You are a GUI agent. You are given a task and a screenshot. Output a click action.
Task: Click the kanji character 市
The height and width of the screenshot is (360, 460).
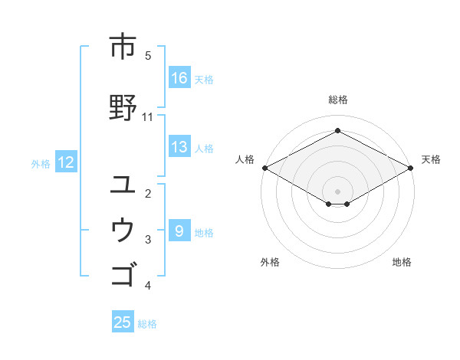coord(122,47)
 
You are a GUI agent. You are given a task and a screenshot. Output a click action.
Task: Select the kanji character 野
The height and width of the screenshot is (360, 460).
coord(122,107)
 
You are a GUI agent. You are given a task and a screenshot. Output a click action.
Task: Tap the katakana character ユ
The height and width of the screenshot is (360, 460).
coord(122,184)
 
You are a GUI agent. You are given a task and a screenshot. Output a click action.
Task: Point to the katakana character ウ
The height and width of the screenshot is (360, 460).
coord(122,229)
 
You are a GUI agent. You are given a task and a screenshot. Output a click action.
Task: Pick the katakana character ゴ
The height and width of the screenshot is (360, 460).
coord(122,273)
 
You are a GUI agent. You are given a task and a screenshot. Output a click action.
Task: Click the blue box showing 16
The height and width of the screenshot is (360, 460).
coord(179,78)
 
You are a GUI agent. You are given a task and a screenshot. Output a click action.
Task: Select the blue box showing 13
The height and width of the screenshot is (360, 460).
coord(179,147)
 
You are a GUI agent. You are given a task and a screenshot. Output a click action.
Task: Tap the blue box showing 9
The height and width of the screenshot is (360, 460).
coord(179,231)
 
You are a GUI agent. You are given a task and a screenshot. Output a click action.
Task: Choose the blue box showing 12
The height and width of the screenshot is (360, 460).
coord(65,162)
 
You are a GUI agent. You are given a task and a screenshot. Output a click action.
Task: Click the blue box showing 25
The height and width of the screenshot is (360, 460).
coord(123,322)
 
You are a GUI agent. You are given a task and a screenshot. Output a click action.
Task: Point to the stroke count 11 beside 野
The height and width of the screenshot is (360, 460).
coord(147,117)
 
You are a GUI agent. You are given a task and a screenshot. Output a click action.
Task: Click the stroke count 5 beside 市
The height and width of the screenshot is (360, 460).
coord(148,56)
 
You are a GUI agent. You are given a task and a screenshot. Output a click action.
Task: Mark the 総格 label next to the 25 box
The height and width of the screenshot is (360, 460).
coord(147,324)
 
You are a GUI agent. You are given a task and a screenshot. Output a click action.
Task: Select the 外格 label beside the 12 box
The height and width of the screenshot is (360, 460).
coord(41,163)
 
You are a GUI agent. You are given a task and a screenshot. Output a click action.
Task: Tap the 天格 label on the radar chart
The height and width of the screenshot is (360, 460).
coord(431,159)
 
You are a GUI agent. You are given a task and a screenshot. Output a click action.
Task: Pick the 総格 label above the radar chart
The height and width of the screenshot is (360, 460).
coord(338,100)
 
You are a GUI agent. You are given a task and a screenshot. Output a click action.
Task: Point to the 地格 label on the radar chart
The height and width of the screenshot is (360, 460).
coord(402,263)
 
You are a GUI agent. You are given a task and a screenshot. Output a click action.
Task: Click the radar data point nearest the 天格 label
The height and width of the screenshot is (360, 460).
coord(412,168)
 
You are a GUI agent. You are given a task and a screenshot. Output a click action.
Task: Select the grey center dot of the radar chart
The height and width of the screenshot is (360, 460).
coord(337,190)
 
